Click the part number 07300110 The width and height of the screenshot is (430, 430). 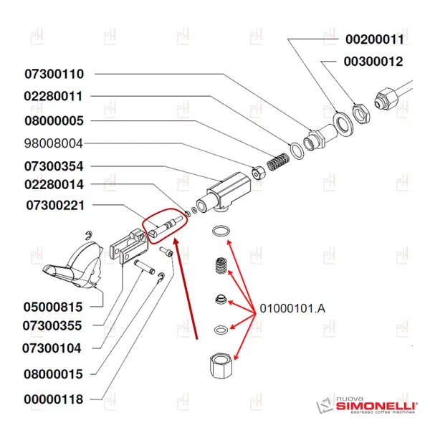[54, 74]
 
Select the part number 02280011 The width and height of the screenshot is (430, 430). [54, 96]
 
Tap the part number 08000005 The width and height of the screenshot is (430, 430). [54, 120]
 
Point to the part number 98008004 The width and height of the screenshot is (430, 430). [54, 143]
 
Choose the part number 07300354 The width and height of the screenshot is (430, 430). [54, 166]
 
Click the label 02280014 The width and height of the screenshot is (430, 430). [54, 185]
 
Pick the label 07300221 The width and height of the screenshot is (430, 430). [54, 206]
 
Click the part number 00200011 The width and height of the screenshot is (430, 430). [375, 39]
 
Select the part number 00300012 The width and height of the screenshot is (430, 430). [373, 62]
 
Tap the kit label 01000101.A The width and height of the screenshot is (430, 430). [292, 309]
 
